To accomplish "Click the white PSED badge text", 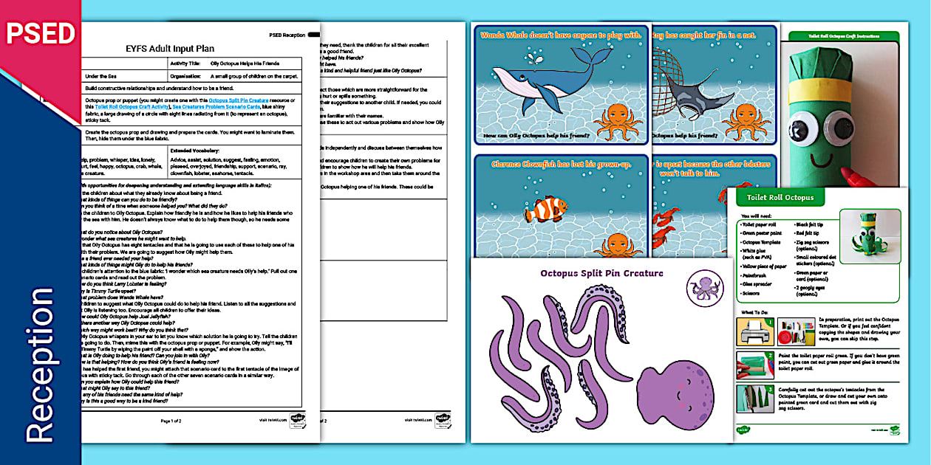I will click(x=41, y=33).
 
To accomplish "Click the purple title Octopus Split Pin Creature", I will click(x=601, y=273).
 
